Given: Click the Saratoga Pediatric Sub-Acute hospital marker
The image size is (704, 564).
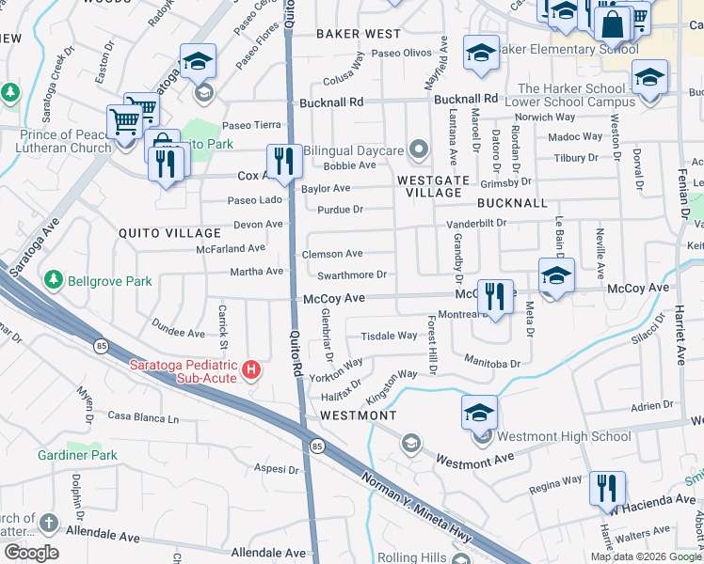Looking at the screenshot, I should click(x=250, y=369).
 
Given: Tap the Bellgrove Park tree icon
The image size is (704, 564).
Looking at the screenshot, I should click(x=53, y=280).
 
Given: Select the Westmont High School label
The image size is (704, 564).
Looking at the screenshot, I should click(x=563, y=436).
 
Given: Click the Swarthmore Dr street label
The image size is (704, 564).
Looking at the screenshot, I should click(x=352, y=274).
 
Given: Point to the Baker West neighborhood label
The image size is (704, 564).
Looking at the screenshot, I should click(x=358, y=33).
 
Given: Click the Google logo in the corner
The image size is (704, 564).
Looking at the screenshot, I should click(x=31, y=552).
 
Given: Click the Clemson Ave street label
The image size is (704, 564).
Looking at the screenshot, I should click(x=331, y=254).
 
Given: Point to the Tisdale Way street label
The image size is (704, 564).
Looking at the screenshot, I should click(x=389, y=336).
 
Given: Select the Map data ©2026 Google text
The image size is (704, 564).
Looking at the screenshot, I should click(x=646, y=556).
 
